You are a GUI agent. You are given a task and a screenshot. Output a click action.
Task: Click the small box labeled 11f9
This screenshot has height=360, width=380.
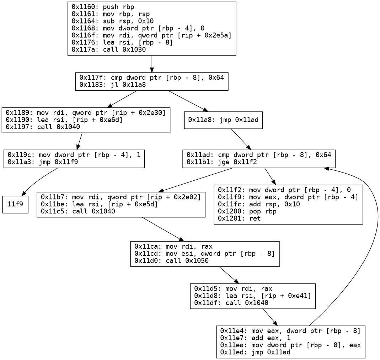15,205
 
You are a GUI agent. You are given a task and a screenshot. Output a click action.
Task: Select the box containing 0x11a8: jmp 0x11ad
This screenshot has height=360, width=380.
223,122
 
